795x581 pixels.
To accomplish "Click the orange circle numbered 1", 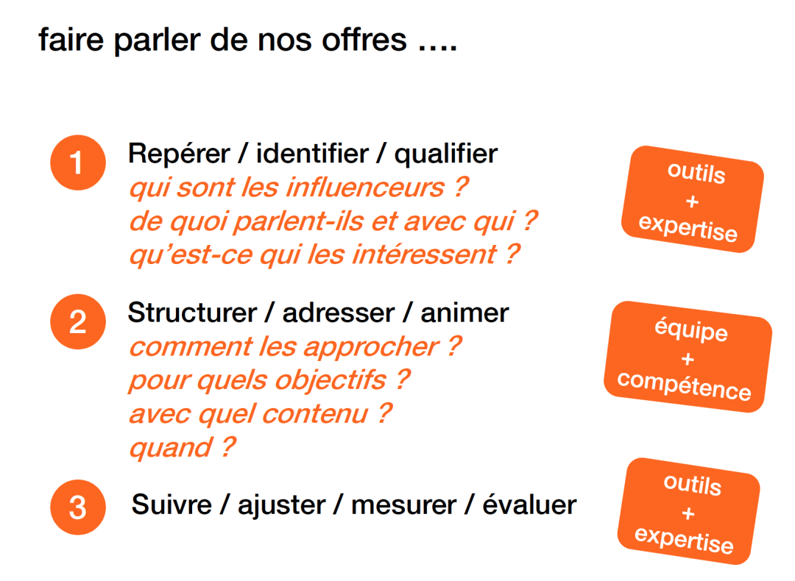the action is point(78,163).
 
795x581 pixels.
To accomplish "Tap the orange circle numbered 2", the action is point(78,321).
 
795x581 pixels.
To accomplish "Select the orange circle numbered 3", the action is point(78,507).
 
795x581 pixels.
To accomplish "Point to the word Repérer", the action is point(179,154).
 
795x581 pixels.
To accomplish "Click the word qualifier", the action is point(446,154).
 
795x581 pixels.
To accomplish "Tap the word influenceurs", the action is point(365,188).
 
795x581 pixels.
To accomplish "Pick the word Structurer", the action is point(192,313).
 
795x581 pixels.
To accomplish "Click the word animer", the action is point(464,313).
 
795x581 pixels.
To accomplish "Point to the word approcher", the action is point(371,347).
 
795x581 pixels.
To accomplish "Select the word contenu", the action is point(315,414).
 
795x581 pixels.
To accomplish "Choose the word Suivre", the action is point(172,505).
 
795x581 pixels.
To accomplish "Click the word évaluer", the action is point(529,505).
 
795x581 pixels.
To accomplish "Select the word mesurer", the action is point(403,505).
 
